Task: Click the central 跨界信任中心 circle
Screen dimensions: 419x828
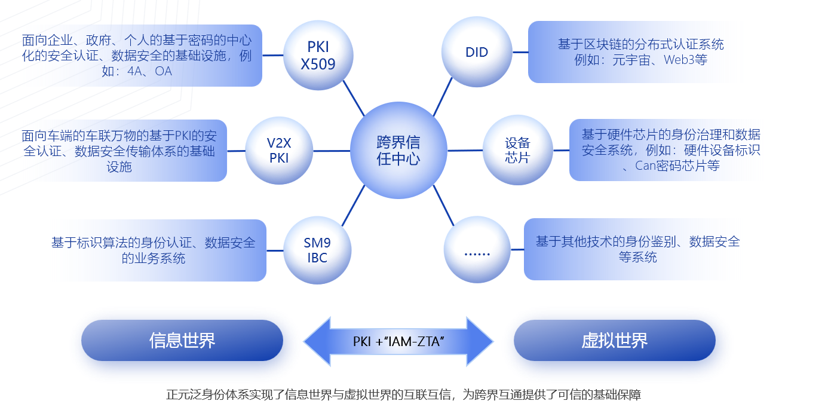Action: coord(398,150)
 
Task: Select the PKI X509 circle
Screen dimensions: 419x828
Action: coord(318,54)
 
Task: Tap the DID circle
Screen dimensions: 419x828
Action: coord(477,52)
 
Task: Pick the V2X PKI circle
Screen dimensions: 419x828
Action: coord(279,150)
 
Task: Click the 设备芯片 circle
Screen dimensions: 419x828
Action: coord(517,150)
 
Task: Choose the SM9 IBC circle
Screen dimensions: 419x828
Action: coord(317,250)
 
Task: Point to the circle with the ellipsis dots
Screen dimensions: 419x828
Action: coord(477,250)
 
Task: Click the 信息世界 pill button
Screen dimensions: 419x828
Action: coord(182,340)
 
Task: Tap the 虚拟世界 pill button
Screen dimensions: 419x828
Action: coord(614,340)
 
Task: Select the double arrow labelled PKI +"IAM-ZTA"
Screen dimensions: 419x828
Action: coord(398,341)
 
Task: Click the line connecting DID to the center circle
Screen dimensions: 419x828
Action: coord(443,97)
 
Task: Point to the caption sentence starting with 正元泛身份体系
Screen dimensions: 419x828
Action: coord(403,394)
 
